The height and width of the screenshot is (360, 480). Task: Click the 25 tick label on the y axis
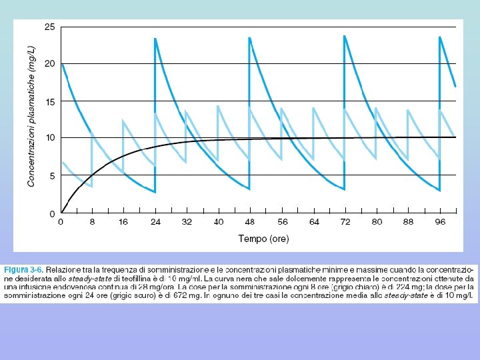[49, 27]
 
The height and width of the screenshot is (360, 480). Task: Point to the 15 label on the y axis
[50, 102]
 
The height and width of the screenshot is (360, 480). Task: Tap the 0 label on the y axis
[53, 214]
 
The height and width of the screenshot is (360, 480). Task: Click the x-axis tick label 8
[92, 222]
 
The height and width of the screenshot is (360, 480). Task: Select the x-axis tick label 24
[155, 222]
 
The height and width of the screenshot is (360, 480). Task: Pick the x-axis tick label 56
[282, 222]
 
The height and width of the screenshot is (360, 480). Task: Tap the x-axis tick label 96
[440, 222]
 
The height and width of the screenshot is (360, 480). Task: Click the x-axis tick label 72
[345, 222]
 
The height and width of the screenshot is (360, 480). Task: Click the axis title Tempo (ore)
[263, 239]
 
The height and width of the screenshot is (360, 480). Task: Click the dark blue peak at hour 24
[155, 39]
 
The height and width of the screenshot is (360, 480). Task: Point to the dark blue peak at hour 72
[345, 36]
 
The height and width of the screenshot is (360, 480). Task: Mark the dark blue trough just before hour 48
[249, 189]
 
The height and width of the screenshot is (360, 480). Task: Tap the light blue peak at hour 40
[217, 106]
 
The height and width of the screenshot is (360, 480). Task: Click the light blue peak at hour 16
[123, 120]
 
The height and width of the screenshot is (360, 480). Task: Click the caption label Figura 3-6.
[23, 270]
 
